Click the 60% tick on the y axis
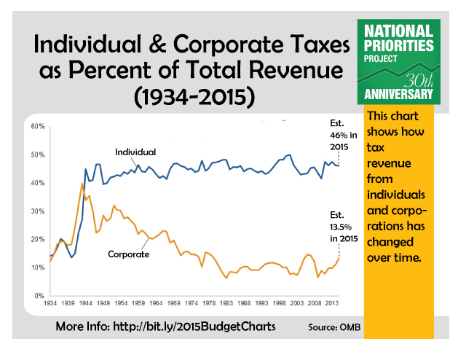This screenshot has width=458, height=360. [37, 127]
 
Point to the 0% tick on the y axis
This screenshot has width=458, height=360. [39, 296]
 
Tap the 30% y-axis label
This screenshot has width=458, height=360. [37, 211]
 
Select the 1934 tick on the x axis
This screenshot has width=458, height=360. [50, 302]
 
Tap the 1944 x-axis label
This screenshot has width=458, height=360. [85, 302]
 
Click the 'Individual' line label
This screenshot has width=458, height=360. [135, 152]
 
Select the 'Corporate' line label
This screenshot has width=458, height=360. [129, 254]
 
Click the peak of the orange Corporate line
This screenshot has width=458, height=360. [82, 184]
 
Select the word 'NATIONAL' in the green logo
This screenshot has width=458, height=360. [399, 31]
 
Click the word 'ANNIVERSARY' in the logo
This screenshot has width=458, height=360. [399, 94]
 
